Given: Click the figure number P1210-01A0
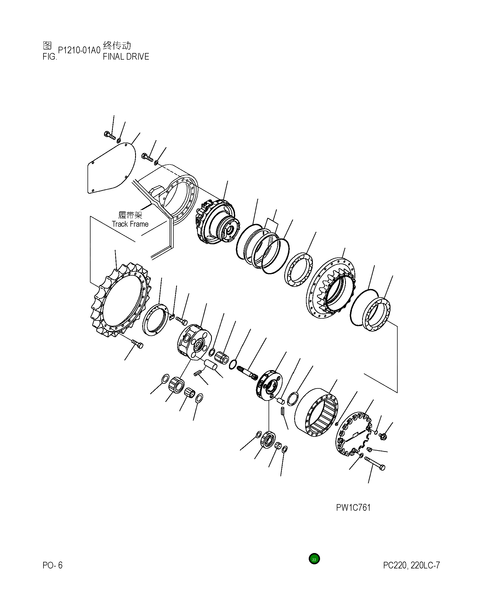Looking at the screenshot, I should coord(79,50).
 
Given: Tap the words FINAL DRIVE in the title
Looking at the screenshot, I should coord(126,57).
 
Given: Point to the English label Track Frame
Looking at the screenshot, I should coord(130,224).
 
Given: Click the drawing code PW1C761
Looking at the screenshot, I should coord(353,507).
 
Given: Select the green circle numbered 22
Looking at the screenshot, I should coord(314,559).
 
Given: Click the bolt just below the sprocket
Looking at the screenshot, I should coord(137,343).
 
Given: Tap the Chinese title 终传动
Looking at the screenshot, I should coord(117,46).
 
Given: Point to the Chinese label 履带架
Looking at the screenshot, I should coord(130,215).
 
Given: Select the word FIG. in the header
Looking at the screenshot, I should coord(50,57).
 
